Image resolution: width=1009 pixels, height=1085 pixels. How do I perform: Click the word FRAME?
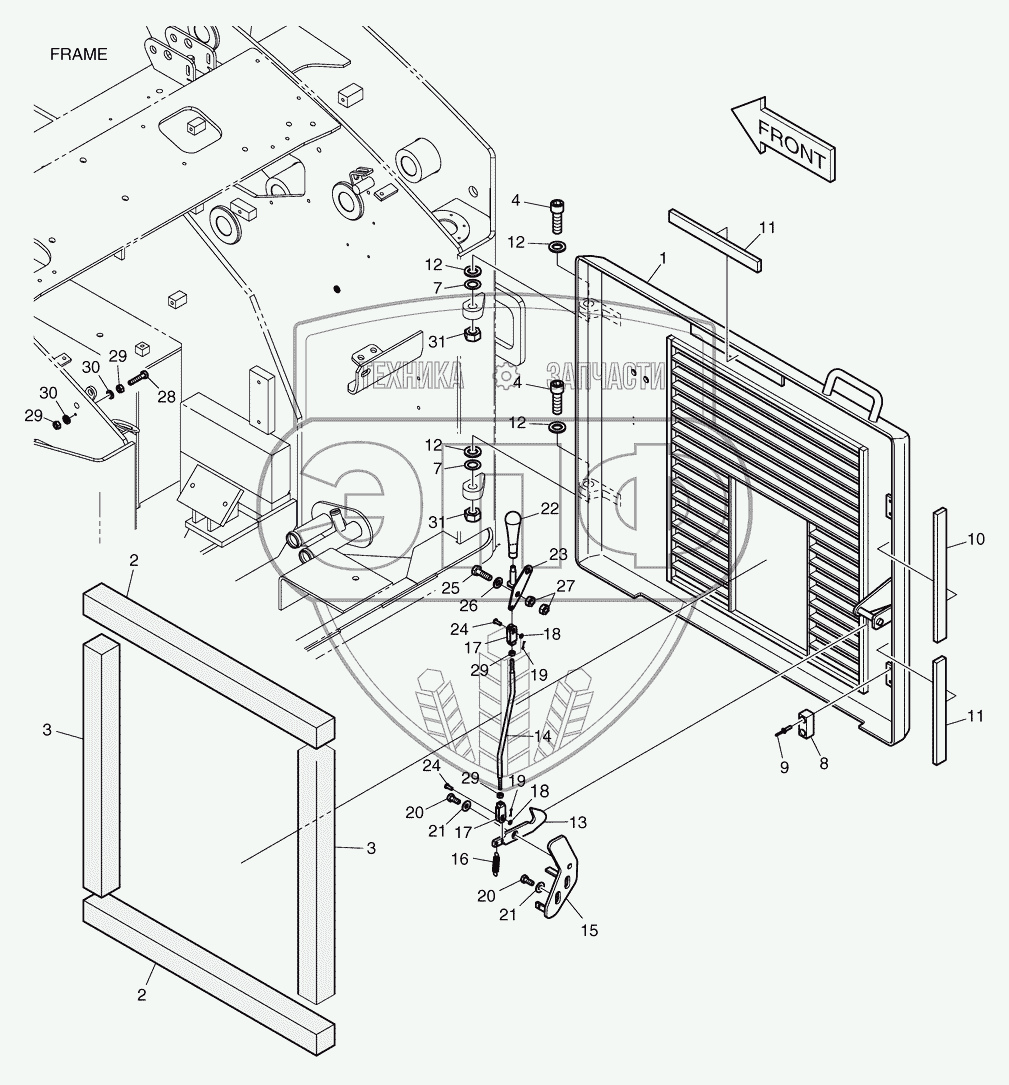tap(78, 54)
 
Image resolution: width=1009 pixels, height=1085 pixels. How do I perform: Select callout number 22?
tap(549, 510)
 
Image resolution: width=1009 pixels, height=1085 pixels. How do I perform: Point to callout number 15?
tap(589, 930)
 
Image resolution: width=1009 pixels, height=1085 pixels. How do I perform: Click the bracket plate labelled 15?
tap(560, 875)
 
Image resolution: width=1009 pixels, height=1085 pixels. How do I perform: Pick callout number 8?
tap(823, 761)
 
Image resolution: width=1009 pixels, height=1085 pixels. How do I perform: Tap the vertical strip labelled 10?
tap(940, 575)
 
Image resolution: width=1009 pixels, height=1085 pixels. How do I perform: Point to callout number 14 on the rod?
tap(543, 736)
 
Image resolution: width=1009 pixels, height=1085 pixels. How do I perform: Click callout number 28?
tap(166, 397)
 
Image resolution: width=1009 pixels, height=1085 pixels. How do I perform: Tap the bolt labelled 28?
tap(139, 379)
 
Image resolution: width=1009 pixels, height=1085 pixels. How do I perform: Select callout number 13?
tap(578, 821)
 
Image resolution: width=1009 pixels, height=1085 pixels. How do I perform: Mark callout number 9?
tap(784, 768)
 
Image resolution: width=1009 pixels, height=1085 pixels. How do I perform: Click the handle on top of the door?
tap(851, 392)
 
